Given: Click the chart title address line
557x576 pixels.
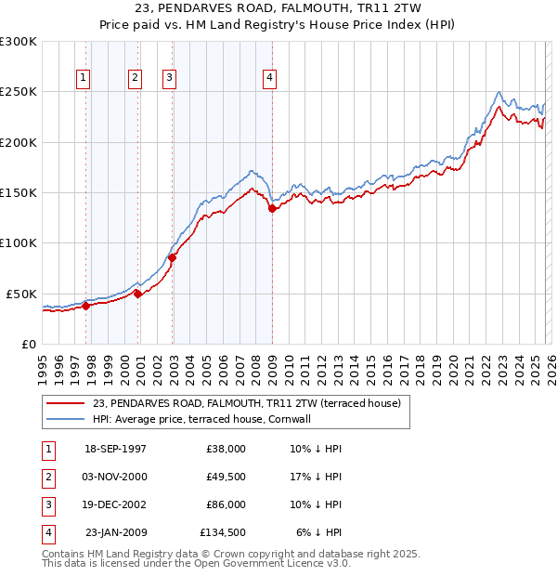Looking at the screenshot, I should [x=278, y=7].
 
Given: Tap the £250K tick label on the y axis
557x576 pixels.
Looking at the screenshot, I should [x=19, y=92].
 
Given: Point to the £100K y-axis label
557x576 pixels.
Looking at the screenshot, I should [x=19, y=243].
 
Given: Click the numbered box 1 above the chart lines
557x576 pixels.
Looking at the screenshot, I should [x=84, y=79].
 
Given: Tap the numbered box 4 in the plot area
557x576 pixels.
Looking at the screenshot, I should [x=269, y=79].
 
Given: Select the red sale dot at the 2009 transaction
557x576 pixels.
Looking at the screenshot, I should [x=272, y=209].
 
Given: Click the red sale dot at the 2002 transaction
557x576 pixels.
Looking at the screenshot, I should [x=173, y=257].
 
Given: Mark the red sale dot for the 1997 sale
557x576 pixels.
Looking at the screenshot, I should [x=86, y=306].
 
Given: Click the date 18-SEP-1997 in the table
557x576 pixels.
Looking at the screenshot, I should [x=115, y=448].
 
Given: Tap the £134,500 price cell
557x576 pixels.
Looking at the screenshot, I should [x=222, y=532].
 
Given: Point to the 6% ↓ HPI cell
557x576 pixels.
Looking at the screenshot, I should [x=319, y=532].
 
